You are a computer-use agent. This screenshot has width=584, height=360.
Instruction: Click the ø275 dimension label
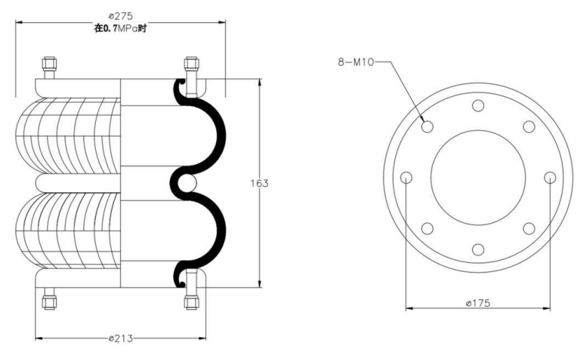121,16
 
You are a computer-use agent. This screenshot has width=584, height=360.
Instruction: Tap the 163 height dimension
259,183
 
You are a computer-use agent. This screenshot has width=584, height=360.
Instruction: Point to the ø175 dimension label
478,303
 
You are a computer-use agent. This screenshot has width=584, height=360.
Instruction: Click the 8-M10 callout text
355,62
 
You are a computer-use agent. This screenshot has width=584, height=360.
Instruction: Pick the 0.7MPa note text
120,29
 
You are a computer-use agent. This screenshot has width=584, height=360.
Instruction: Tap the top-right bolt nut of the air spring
191,63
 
